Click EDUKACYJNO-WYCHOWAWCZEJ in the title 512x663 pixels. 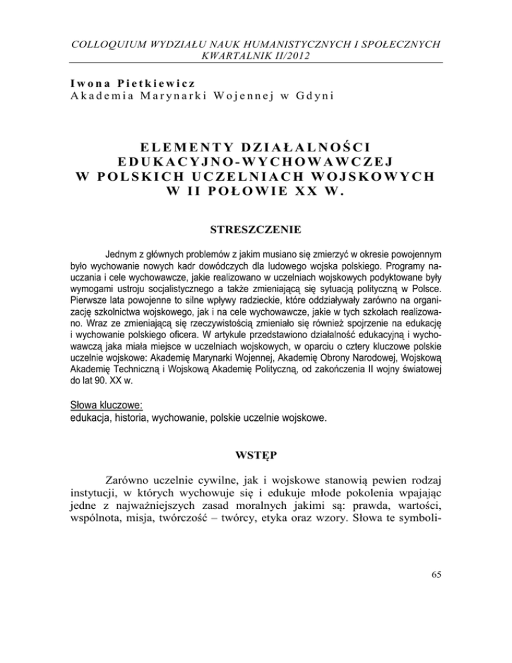[x=256, y=162]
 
